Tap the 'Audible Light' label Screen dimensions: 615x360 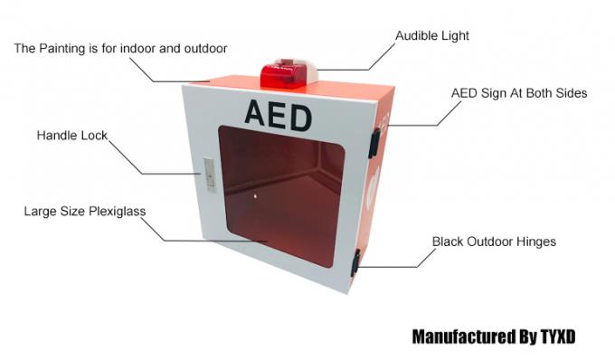[432, 35]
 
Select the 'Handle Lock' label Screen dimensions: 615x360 [71, 136]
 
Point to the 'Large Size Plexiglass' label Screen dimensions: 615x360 [85, 212]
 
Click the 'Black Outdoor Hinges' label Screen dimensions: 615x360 [493, 242]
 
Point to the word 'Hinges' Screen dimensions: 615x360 [534, 242]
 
